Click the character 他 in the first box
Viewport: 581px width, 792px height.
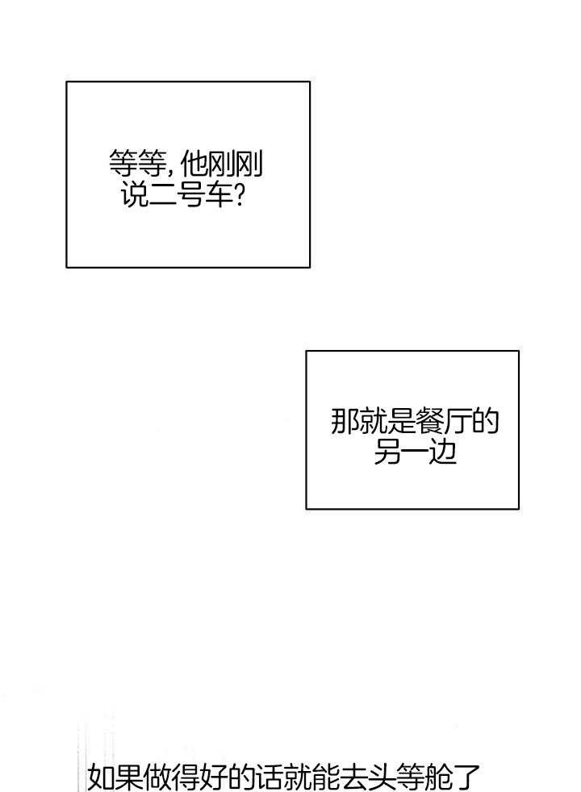coord(194,165)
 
